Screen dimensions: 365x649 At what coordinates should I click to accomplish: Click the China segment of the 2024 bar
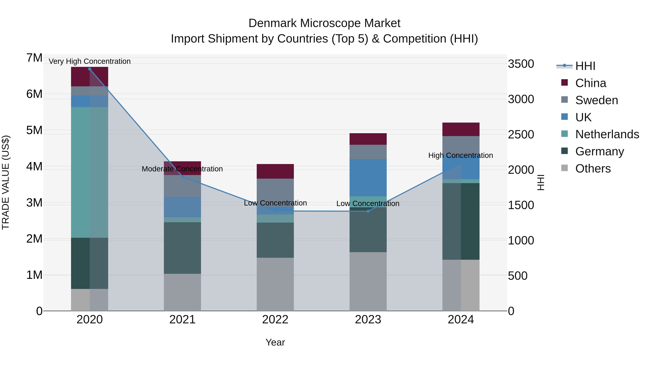pos(461,129)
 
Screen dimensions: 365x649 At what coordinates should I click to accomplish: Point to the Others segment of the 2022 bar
pos(275,284)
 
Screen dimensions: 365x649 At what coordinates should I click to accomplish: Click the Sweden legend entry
pos(596,100)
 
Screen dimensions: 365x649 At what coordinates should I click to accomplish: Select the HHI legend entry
pos(585,66)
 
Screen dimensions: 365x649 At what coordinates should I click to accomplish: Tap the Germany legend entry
pos(599,151)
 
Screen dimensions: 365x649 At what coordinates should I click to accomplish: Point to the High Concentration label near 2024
pos(461,155)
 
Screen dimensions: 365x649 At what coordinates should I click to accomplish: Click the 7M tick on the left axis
pos(34,58)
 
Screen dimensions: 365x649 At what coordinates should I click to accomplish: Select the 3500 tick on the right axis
pos(521,64)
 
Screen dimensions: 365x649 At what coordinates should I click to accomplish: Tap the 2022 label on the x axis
pos(275,320)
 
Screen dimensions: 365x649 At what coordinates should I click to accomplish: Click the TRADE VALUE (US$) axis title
pos(6,182)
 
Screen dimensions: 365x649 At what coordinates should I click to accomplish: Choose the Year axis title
pos(275,342)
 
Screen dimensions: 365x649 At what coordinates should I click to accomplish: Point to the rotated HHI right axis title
pos(541,182)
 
